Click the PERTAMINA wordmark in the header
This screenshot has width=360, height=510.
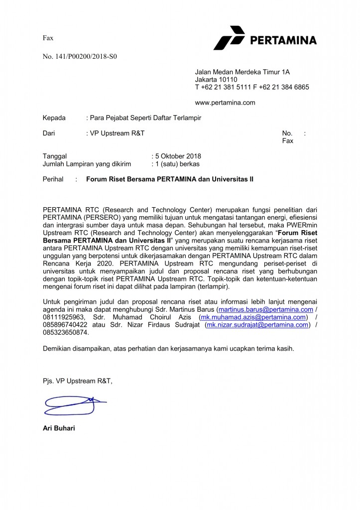(x=283, y=40)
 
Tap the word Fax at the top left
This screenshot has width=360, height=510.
(x=48, y=38)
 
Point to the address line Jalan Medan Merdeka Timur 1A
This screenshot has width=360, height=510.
(x=242, y=72)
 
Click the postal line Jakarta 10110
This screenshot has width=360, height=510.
(x=216, y=80)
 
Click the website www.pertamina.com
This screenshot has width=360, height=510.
(x=225, y=103)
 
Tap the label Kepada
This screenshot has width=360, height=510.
(x=54, y=118)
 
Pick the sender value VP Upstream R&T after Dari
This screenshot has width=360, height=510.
(x=117, y=133)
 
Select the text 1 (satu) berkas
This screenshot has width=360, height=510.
(x=177, y=163)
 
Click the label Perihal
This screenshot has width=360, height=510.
(x=53, y=179)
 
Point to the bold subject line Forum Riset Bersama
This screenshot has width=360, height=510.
(x=170, y=179)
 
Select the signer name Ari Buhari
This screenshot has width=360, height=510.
(x=59, y=428)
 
